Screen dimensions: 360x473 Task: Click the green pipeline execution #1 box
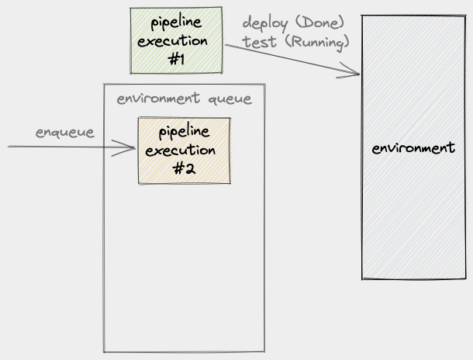(176, 40)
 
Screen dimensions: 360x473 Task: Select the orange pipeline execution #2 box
(184, 151)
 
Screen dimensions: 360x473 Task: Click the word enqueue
(65, 132)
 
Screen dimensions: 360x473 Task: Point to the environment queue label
(184, 99)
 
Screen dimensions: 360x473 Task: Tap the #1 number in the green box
(175, 59)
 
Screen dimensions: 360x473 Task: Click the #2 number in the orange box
(184, 169)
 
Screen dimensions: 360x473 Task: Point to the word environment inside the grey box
(413, 147)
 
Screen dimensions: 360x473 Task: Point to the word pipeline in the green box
(176, 22)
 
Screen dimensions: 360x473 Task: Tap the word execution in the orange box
(184, 150)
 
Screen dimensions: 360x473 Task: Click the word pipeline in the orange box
(184, 132)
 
